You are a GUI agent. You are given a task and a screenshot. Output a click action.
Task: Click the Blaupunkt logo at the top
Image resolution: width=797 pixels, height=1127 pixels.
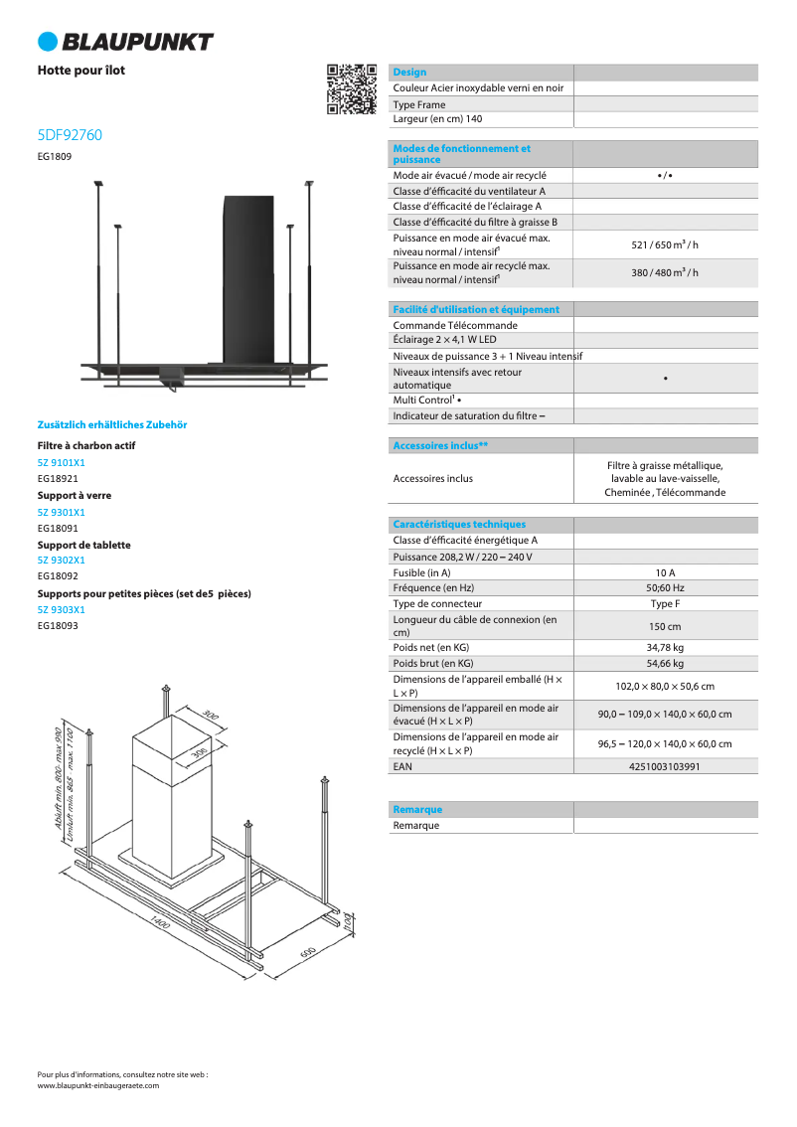[x=125, y=41]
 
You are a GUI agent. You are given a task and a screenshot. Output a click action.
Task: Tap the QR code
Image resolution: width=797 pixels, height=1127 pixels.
[x=352, y=89]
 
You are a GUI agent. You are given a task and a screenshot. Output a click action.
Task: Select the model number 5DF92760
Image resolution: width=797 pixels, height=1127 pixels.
[x=70, y=135]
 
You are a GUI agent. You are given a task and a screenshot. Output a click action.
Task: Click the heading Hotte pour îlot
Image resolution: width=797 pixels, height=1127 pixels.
[x=81, y=71]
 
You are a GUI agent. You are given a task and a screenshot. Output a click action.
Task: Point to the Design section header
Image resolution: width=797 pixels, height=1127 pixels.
[x=409, y=73]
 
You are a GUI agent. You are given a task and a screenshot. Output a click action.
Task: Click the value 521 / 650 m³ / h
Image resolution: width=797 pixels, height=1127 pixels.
[x=665, y=244]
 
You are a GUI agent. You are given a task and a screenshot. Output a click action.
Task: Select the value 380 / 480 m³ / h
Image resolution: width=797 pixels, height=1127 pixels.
[x=665, y=272]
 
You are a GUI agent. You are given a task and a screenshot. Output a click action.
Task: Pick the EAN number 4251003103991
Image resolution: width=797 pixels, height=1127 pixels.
[x=665, y=766]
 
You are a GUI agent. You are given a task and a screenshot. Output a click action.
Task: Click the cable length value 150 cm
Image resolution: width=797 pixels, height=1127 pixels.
[x=665, y=626]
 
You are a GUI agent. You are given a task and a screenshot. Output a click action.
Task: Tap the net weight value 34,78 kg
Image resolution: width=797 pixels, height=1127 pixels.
[x=665, y=648]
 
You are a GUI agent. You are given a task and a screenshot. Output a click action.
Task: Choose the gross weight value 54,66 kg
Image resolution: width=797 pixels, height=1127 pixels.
[x=665, y=663]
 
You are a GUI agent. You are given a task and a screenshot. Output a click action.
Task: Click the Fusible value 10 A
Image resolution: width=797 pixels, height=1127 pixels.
[x=665, y=572]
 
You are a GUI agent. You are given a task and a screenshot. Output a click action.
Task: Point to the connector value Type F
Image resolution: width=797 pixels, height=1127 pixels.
[x=665, y=603]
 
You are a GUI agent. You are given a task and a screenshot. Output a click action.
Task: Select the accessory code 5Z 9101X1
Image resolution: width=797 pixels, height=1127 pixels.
[x=62, y=462]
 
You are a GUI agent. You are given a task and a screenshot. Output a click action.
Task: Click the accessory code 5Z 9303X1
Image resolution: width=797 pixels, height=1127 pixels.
[x=62, y=609]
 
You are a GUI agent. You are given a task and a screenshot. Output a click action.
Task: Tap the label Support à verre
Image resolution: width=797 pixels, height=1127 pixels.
[x=75, y=495]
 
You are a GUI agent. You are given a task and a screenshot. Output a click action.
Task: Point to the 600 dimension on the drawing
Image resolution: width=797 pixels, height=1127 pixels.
[x=307, y=952]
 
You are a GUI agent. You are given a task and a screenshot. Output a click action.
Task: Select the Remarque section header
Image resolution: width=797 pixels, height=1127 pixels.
[x=417, y=810]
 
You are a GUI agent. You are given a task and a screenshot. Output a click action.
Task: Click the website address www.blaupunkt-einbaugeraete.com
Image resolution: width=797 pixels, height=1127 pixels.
[x=97, y=1086]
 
